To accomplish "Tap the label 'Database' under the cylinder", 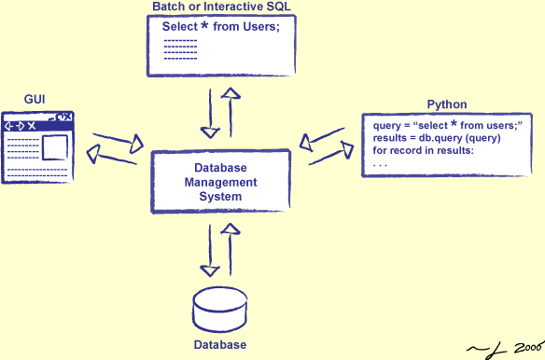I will click(x=219, y=346).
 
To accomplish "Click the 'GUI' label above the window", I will click(x=35, y=98).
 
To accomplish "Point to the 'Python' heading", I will click(x=446, y=104).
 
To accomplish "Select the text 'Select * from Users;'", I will click(x=221, y=27).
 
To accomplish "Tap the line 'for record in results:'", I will click(x=424, y=151).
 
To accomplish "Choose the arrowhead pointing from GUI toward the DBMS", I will click(x=137, y=142).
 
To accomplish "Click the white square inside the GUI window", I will click(x=54, y=146).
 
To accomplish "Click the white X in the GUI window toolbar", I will click(x=32, y=125).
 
